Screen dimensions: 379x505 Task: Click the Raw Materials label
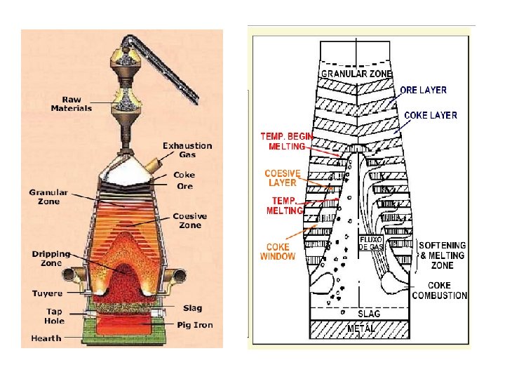click(x=71, y=104)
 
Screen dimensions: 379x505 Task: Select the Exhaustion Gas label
click(x=187, y=149)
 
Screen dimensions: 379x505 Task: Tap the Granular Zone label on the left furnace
click(x=48, y=197)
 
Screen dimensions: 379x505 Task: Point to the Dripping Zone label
click(x=51, y=258)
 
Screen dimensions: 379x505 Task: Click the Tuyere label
click(x=47, y=293)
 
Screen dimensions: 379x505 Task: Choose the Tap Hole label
click(x=54, y=316)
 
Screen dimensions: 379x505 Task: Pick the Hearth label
click(x=46, y=338)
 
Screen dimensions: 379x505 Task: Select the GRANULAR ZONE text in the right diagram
click(x=356, y=73)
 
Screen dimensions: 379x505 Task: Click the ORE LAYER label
click(x=424, y=90)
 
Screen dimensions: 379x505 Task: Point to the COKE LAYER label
click(x=431, y=115)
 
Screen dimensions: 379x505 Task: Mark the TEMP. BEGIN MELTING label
click(x=287, y=141)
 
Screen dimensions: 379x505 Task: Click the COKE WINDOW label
click(x=278, y=252)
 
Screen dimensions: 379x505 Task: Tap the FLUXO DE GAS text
click(x=370, y=243)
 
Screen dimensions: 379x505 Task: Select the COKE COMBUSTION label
click(x=440, y=291)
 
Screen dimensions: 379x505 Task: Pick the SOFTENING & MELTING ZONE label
click(x=443, y=255)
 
